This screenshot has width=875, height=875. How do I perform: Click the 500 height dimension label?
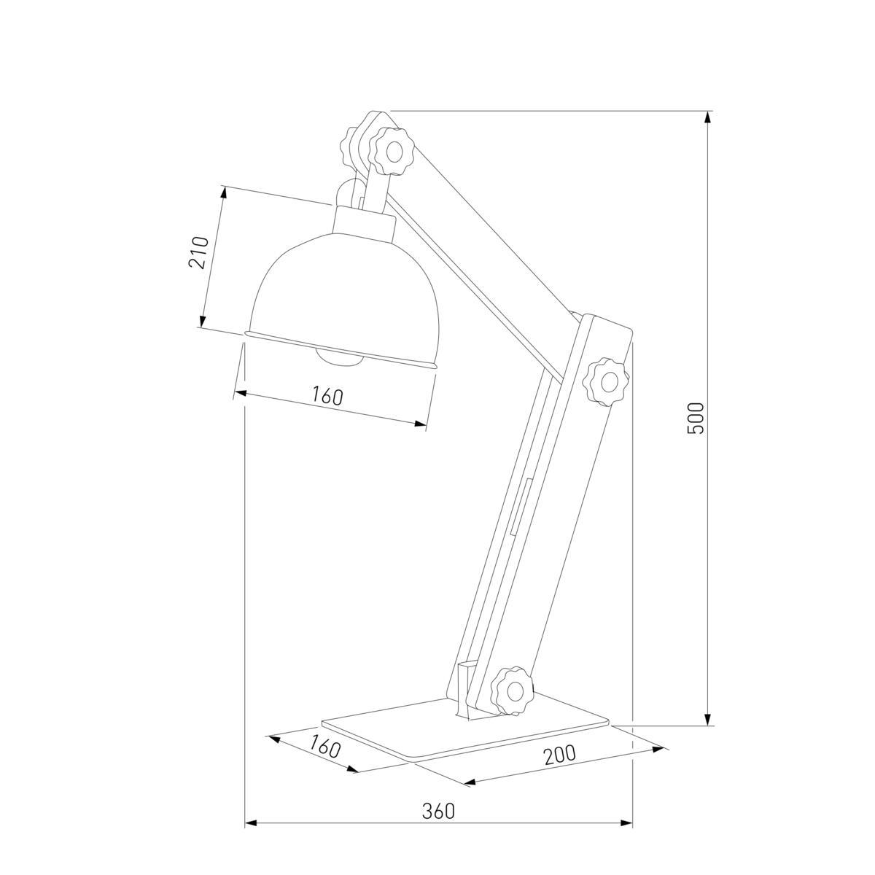pyautogui.click(x=696, y=418)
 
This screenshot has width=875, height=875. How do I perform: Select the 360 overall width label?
pyautogui.click(x=438, y=811)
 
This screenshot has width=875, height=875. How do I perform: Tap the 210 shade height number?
pyautogui.click(x=199, y=252)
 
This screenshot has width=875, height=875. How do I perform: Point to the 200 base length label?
pyautogui.click(x=559, y=755)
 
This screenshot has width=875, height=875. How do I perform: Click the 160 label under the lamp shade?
pyautogui.click(x=327, y=396)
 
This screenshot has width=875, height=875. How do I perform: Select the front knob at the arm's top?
pyautogui.click(x=392, y=151)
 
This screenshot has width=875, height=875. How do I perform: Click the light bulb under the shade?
pyautogui.click(x=340, y=357)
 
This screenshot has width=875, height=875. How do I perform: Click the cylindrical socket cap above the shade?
pyautogui.click(x=364, y=221)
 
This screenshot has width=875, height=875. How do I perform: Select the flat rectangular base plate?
pyautogui.click(x=467, y=729)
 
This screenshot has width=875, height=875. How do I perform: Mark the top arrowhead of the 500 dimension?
pyautogui.click(x=707, y=117)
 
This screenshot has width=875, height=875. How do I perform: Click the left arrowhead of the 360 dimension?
pyautogui.click(x=250, y=823)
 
